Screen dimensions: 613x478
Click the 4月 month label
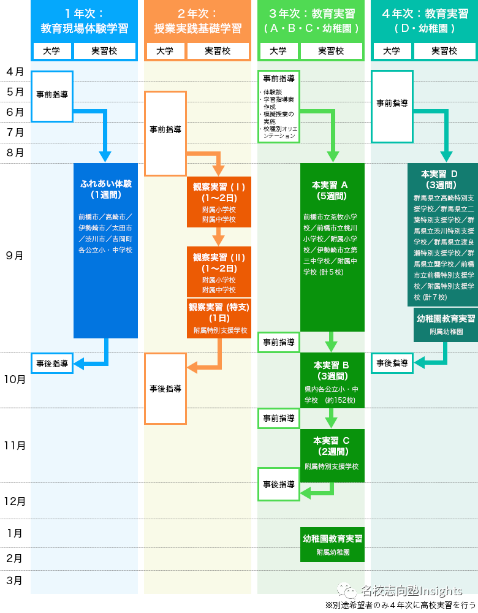15,72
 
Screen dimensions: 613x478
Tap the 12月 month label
15,501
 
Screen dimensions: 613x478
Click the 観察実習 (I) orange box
219,202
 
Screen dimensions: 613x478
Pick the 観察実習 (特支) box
219,318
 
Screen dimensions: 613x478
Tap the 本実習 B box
332,380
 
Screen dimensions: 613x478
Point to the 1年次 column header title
84,21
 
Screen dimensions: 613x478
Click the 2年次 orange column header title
197,21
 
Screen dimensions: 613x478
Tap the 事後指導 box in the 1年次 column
52,363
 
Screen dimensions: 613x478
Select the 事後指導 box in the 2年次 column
165,389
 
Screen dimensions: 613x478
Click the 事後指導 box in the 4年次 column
392,363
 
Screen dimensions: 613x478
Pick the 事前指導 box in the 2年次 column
165,130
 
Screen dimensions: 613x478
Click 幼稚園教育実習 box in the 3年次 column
332,544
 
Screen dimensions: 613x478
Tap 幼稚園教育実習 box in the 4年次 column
446,324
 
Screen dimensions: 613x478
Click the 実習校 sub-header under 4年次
444,51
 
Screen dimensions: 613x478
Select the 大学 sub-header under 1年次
51,51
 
